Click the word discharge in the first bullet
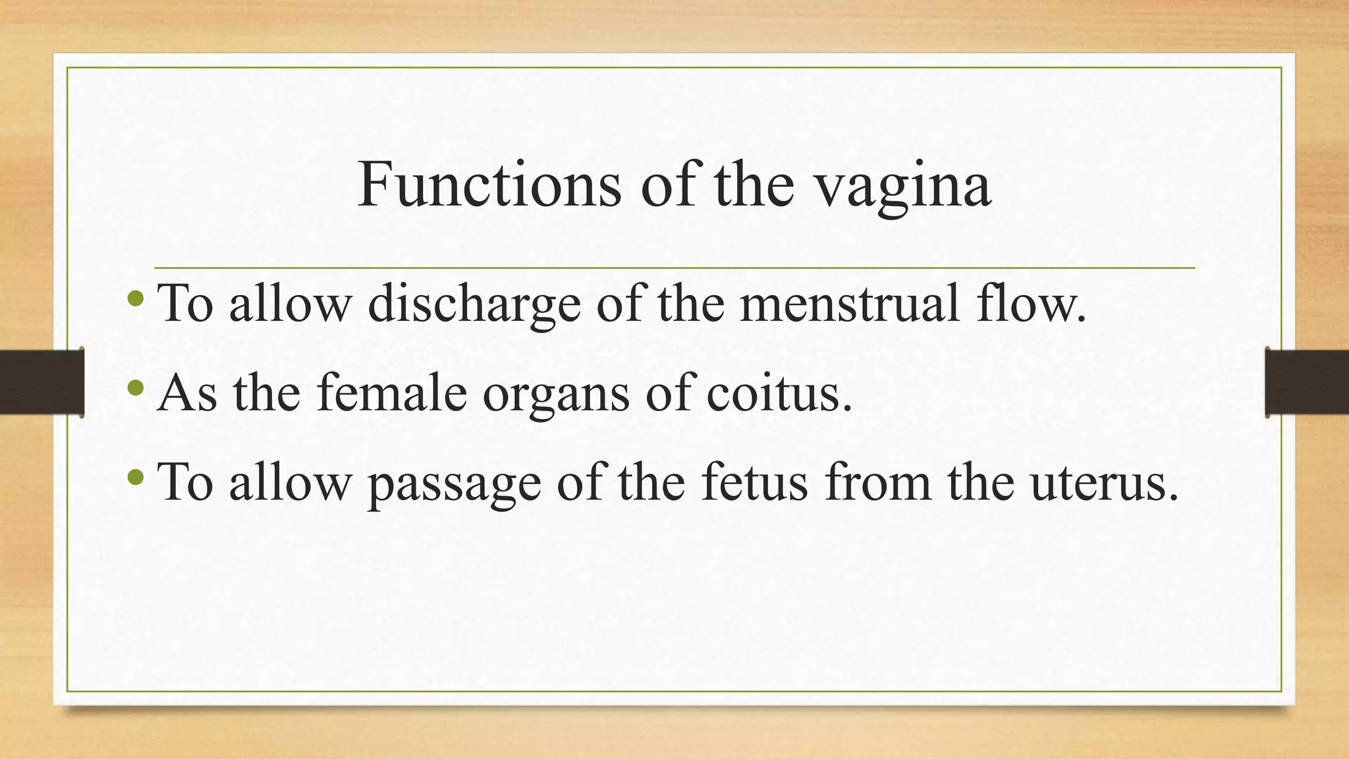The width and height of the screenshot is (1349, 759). [474, 304]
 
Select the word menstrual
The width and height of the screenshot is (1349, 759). [850, 303]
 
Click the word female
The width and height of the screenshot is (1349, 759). [391, 393]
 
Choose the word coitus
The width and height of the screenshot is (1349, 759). [779, 393]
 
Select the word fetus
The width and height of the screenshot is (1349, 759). [754, 482]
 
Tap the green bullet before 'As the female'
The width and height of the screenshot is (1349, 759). [136, 387]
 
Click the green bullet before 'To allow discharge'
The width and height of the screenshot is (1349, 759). [136, 298]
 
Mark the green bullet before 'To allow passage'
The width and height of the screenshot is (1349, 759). [136, 476]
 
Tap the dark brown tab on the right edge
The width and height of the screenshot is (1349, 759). [1307, 382]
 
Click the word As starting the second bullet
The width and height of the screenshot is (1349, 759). [187, 393]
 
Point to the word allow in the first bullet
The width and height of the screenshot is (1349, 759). [290, 303]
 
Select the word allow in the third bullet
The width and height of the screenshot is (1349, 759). [290, 482]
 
